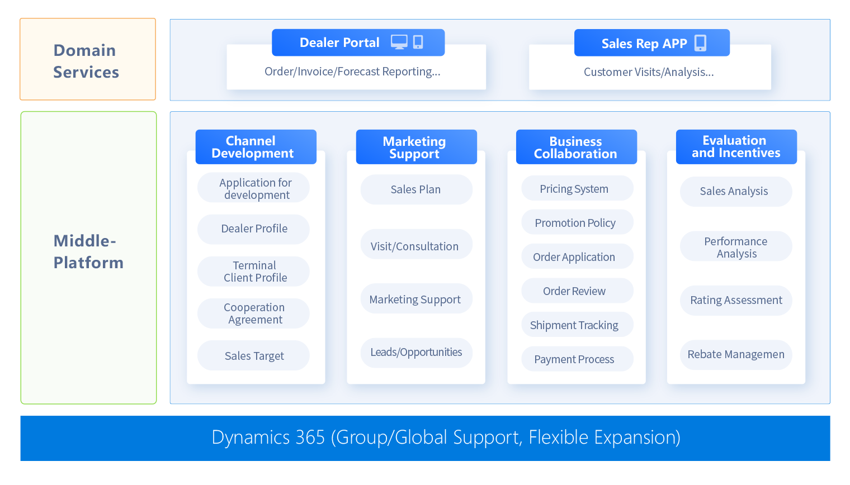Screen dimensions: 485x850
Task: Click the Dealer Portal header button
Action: pyautogui.click(x=339, y=43)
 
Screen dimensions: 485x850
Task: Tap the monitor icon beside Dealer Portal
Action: pyautogui.click(x=399, y=42)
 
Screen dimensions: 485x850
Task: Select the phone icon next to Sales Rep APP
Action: pyautogui.click(x=700, y=43)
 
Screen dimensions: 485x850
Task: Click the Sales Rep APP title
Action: pyautogui.click(x=644, y=44)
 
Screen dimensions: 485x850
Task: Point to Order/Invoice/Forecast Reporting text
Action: pyautogui.click(x=352, y=72)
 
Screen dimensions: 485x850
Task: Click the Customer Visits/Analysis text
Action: pyautogui.click(x=649, y=72)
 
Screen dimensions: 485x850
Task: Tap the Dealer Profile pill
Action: pyautogui.click(x=254, y=229)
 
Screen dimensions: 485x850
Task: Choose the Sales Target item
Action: pyautogui.click(x=254, y=356)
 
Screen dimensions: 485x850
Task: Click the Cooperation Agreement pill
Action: pyautogui.click(x=254, y=313)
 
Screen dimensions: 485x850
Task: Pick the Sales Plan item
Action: pyautogui.click(x=415, y=189)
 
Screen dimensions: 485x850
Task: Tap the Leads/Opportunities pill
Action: pyautogui.click(x=416, y=353)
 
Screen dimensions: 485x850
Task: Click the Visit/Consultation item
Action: pyautogui.click(x=414, y=246)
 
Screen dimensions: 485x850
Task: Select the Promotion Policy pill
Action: pyautogui.click(x=575, y=223)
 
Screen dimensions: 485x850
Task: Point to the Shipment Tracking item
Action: pyautogui.click(x=574, y=325)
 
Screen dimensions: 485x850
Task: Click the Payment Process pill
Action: pyautogui.click(x=574, y=359)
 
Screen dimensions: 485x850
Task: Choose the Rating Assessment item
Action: pyautogui.click(x=736, y=300)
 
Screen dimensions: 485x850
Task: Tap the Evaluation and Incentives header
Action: pyautogui.click(x=736, y=147)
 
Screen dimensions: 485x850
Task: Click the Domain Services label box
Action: pyautogui.click(x=88, y=60)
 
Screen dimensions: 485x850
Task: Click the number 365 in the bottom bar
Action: pyautogui.click(x=310, y=438)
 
